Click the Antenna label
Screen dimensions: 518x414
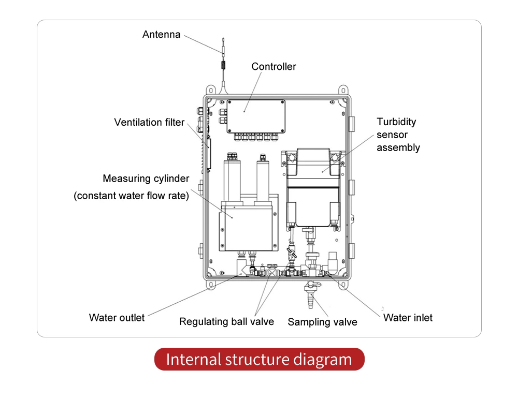click(161, 34)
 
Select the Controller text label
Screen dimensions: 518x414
click(274, 66)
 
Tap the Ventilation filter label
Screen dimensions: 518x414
click(149, 122)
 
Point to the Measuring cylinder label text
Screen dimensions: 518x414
click(146, 179)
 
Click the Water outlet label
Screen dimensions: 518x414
click(117, 318)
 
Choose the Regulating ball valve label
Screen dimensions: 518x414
click(226, 321)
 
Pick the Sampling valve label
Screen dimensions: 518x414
click(322, 322)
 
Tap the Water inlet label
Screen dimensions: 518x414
click(408, 318)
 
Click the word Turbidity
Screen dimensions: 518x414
click(396, 122)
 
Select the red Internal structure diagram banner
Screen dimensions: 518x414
click(260, 359)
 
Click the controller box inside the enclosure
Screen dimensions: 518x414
click(256, 116)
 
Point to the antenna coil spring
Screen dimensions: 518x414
click(223, 65)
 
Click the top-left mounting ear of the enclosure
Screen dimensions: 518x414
click(211, 90)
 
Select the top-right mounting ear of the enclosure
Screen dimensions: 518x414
click(343, 90)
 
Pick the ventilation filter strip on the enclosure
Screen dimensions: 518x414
click(208, 154)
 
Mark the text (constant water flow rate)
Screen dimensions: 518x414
click(131, 196)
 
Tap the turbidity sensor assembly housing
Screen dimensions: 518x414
click(313, 188)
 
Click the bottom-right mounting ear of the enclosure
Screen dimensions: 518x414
click(343, 285)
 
